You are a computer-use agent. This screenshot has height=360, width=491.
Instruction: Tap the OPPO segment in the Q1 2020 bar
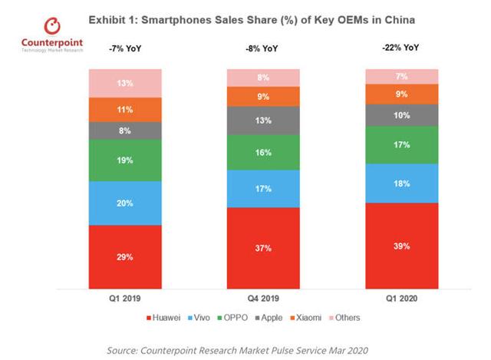pos(401,144)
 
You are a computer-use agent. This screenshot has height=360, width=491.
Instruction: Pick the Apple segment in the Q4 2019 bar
pos(263,120)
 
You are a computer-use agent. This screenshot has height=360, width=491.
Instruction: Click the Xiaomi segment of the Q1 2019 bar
pos(125,109)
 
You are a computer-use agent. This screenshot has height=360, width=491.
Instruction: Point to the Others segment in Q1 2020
pos(401,76)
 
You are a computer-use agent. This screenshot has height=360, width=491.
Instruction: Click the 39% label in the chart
pos(401,246)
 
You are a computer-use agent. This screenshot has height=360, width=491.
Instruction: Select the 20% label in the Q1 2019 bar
pos(125,203)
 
